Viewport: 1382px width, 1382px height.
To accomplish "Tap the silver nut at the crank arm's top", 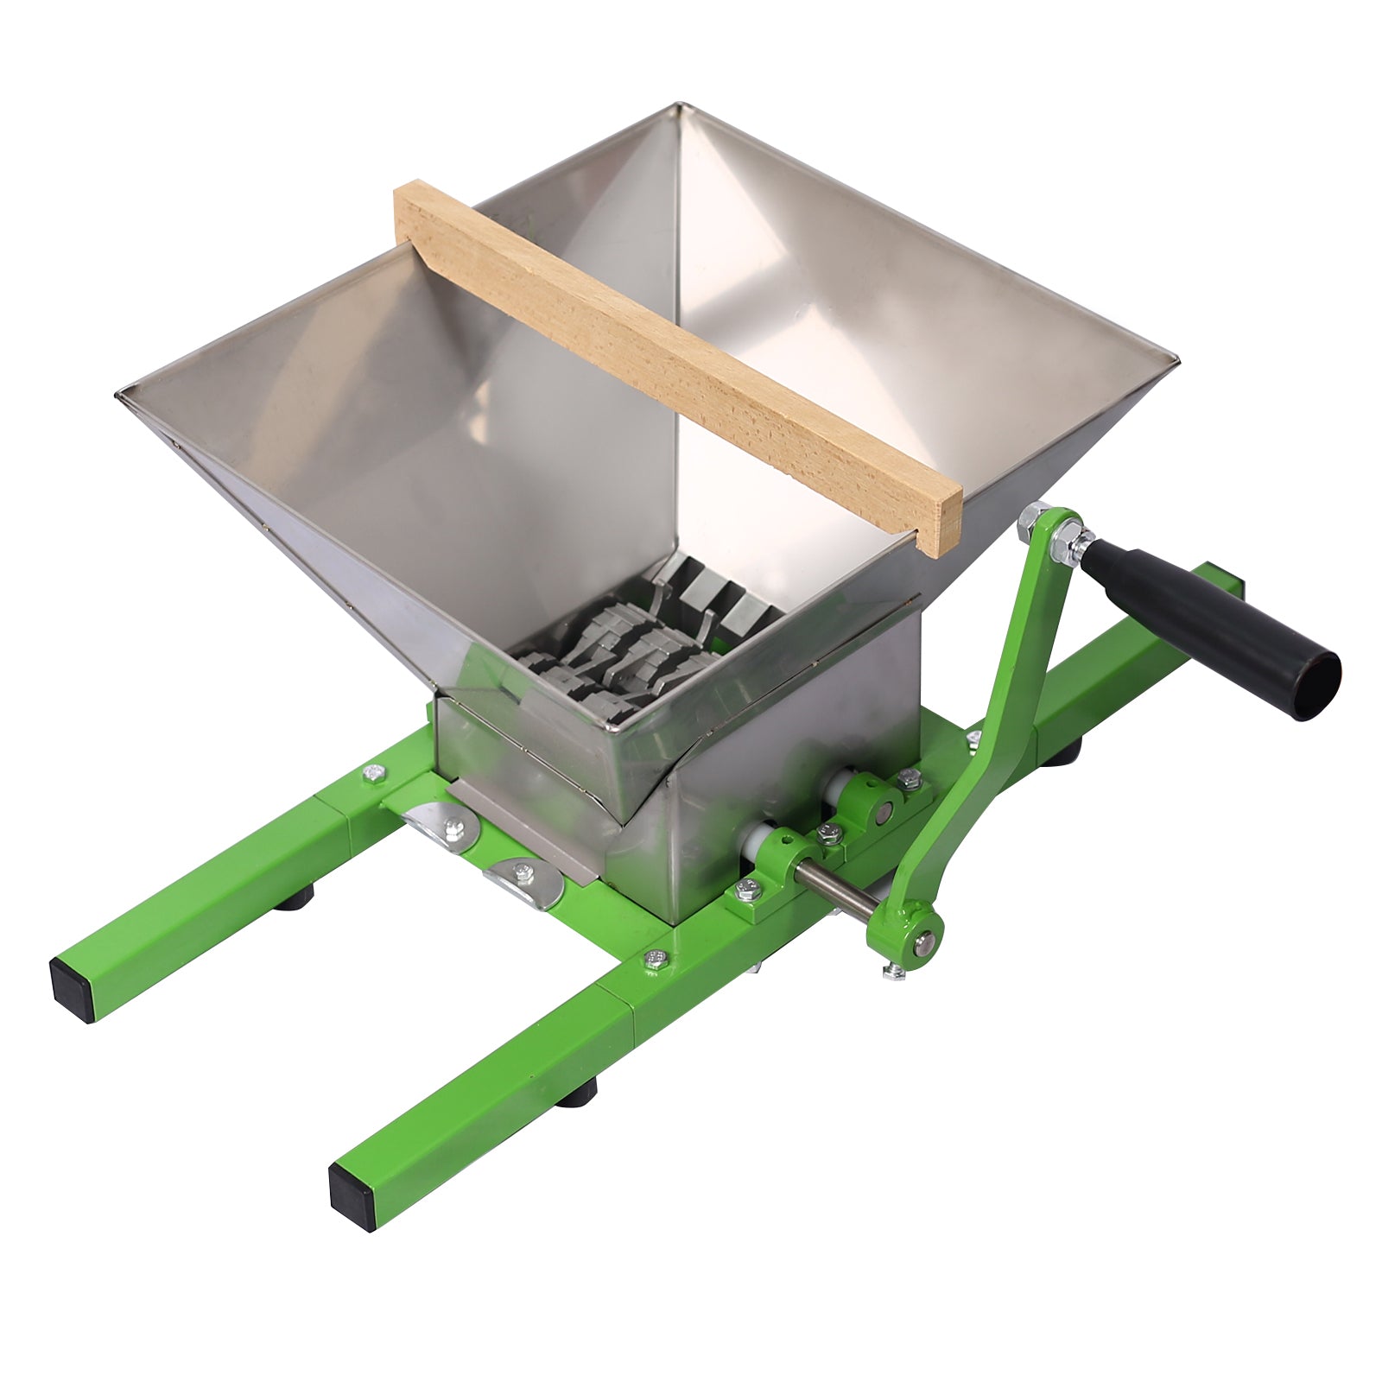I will (1031, 521).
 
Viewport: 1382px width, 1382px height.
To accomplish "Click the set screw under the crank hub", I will (895, 973).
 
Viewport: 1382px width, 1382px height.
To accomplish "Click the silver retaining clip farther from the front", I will (445, 825).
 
